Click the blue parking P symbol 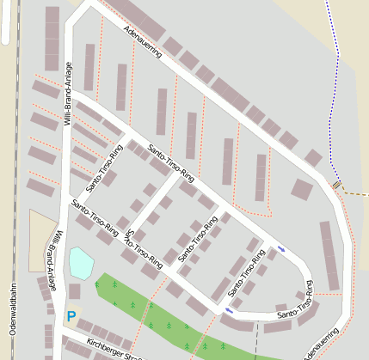[x=71, y=315]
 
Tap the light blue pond [x=81, y=263]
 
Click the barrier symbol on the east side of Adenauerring [x=336, y=185]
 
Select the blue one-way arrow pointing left [x=229, y=310]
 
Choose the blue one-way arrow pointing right [x=281, y=249]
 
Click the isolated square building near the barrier [x=302, y=189]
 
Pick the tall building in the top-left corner [x=52, y=39]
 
